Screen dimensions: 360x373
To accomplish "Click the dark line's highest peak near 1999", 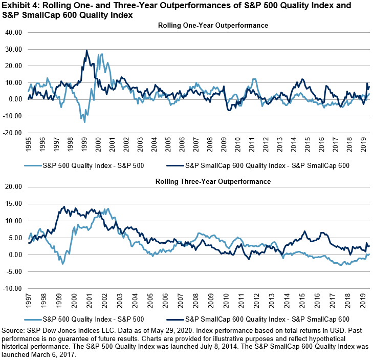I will pyautogui.click(x=86, y=50).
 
